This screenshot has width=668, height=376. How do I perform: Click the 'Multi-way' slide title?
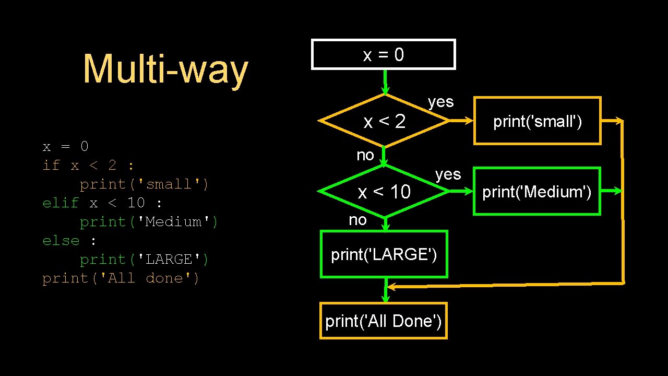click(x=165, y=69)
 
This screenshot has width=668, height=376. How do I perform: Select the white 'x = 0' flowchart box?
click(x=384, y=54)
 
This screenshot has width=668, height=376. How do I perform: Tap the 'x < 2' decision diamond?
click(x=385, y=121)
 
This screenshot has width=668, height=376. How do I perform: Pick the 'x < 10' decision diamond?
click(x=385, y=192)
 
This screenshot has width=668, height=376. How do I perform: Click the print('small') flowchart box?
click(x=537, y=121)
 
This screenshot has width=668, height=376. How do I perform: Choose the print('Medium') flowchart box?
click(x=536, y=192)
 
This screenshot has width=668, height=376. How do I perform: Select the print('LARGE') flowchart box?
click(x=384, y=254)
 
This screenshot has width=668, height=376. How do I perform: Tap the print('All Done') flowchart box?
click(x=384, y=321)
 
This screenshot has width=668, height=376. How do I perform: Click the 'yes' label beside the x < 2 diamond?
click(x=441, y=102)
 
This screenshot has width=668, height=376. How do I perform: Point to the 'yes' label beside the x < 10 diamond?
click(x=448, y=174)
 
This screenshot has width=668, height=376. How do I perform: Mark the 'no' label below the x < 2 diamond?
click(x=365, y=155)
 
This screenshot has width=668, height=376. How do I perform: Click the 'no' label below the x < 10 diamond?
click(x=358, y=220)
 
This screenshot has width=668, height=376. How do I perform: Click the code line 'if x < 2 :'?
click(x=88, y=166)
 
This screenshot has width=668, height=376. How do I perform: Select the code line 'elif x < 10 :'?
click(x=102, y=203)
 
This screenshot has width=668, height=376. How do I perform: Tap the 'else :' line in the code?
click(x=69, y=241)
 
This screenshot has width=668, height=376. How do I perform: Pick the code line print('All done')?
click(x=121, y=278)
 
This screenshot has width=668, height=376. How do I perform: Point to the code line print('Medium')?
click(x=149, y=222)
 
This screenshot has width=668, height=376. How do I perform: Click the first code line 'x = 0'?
click(x=66, y=146)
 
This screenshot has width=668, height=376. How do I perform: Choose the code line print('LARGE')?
click(x=144, y=260)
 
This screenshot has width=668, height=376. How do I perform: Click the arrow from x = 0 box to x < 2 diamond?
click(x=385, y=81)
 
